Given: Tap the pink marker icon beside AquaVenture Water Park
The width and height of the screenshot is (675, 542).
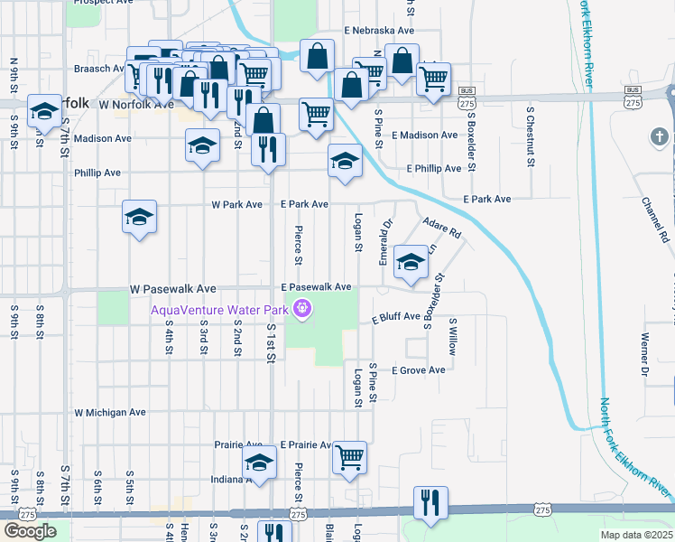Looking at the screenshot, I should [301, 311].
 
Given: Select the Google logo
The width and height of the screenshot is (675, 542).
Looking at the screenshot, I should [31, 531].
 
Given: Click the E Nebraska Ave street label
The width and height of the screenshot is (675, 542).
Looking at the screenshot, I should [379, 30].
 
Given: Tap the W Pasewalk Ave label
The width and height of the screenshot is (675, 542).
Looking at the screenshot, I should [173, 288].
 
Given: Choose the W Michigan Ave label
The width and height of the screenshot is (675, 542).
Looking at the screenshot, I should [110, 412].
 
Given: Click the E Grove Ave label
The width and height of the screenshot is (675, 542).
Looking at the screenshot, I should [418, 370].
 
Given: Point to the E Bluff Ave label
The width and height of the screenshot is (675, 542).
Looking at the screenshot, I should [396, 317].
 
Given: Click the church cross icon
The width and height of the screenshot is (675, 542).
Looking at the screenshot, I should [660, 137].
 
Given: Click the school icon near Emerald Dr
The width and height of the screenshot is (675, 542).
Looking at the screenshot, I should [411, 262].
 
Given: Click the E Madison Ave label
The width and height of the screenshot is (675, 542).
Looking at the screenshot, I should [424, 135].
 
